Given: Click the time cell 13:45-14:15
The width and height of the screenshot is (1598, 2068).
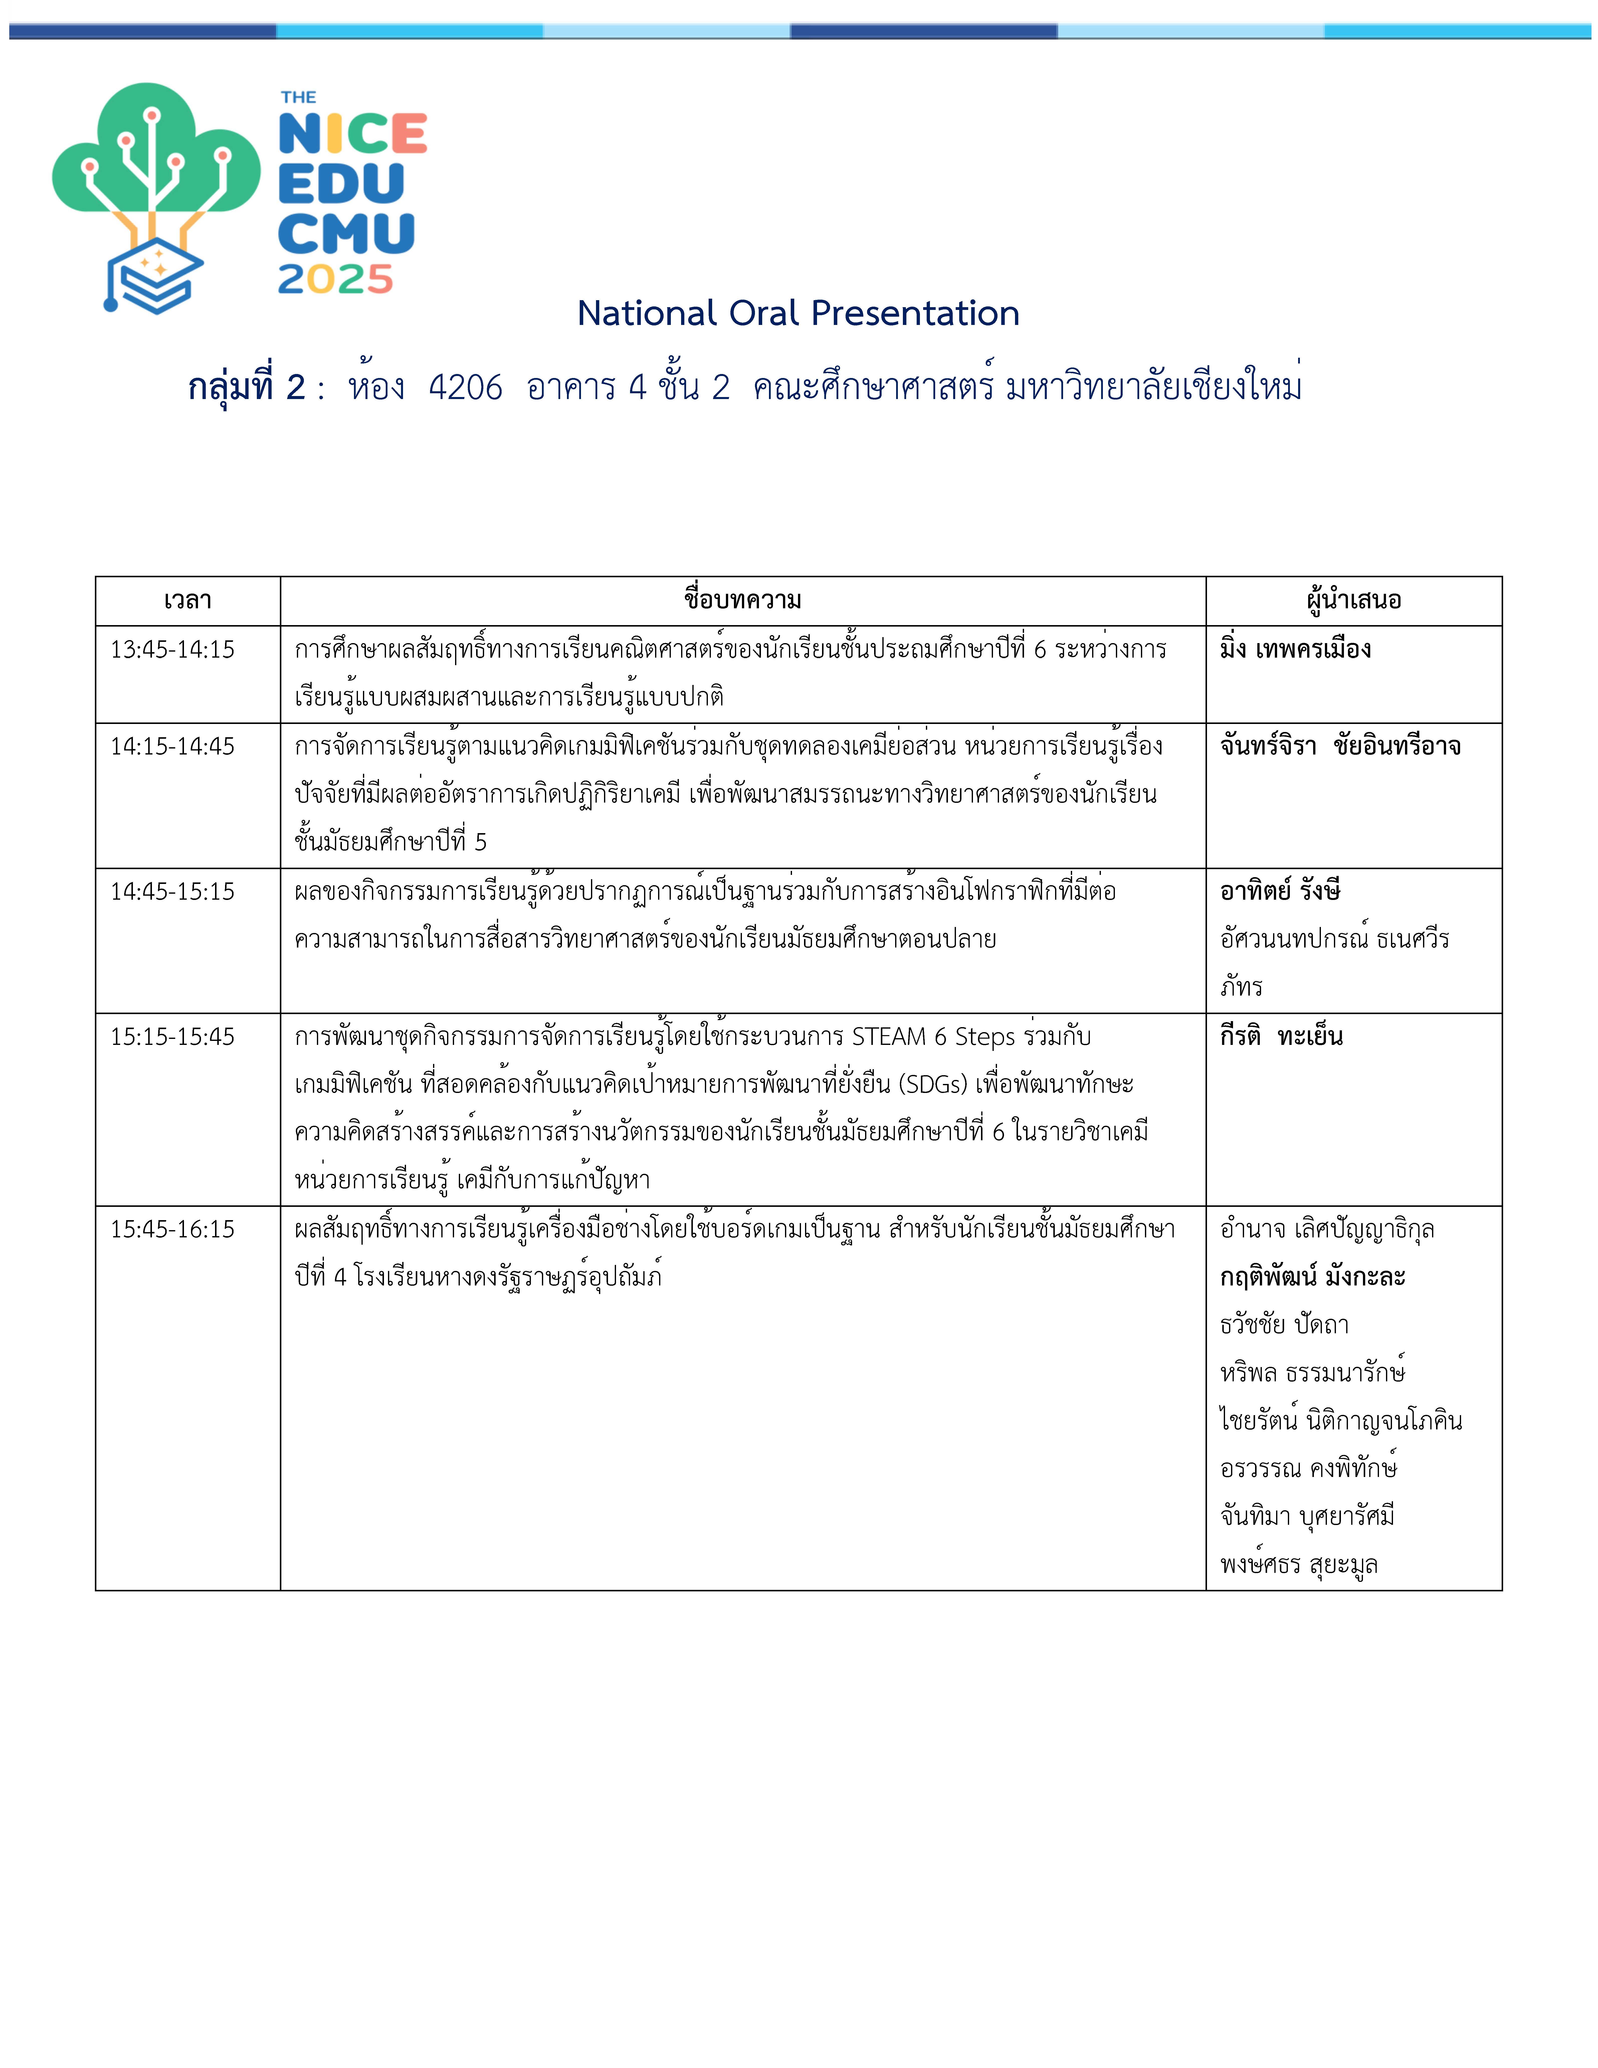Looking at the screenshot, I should pyautogui.click(x=172, y=650).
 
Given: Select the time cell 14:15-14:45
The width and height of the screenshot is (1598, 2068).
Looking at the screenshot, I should pyautogui.click(x=172, y=746).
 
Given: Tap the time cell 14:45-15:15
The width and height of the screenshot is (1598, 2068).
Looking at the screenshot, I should pyautogui.click(x=172, y=891).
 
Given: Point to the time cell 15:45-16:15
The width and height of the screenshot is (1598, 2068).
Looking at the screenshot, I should pyautogui.click(x=172, y=1229).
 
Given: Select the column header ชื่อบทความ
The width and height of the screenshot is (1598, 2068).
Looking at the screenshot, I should pyautogui.click(x=742, y=599).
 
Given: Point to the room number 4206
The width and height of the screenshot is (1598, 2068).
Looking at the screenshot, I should pyautogui.click(x=465, y=387).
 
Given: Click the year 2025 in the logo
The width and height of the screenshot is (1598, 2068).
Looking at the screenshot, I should pyautogui.click(x=335, y=279).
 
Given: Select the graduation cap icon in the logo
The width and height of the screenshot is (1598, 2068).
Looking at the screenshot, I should pyautogui.click(x=151, y=275).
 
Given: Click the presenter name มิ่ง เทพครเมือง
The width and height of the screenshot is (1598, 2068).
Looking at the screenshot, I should pyautogui.click(x=1295, y=650).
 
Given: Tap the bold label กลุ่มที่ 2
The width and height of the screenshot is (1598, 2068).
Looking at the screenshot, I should pyautogui.click(x=246, y=387).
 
